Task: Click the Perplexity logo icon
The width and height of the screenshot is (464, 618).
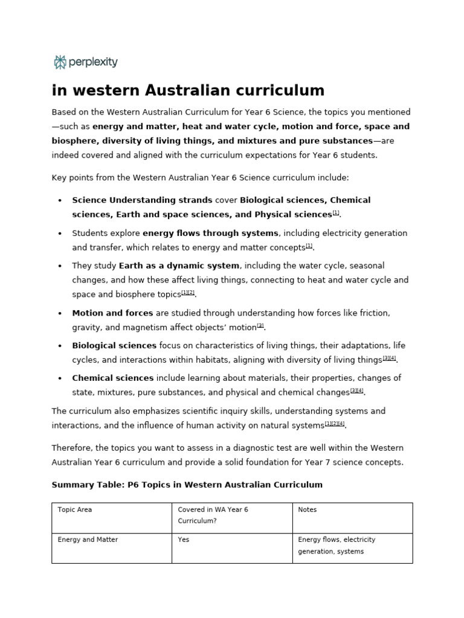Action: point(60,62)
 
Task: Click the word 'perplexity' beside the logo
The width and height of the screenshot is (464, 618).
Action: point(94,62)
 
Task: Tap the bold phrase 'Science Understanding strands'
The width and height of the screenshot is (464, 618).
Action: point(142,200)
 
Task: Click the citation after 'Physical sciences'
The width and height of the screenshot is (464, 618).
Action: point(336,213)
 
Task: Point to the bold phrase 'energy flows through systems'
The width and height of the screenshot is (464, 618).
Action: point(211,233)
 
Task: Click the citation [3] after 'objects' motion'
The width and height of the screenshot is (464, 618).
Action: point(260,326)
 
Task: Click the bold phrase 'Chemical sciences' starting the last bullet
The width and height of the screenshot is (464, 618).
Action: point(113,378)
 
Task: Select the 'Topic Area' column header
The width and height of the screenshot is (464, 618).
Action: point(75,509)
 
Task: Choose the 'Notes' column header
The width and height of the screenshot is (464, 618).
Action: point(308,509)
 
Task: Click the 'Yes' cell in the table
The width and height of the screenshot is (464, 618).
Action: point(184,540)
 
